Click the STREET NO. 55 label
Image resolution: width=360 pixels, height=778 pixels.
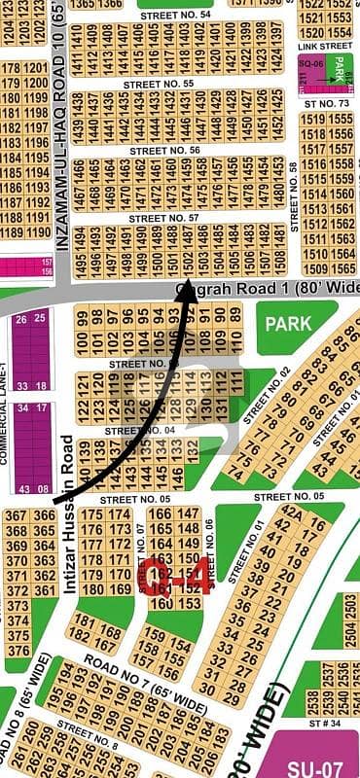coord(159,84)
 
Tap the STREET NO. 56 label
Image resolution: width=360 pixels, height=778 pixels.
coord(167,151)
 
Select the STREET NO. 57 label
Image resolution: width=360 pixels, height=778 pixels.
coord(162,218)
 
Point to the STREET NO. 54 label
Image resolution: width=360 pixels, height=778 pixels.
coord(174,16)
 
